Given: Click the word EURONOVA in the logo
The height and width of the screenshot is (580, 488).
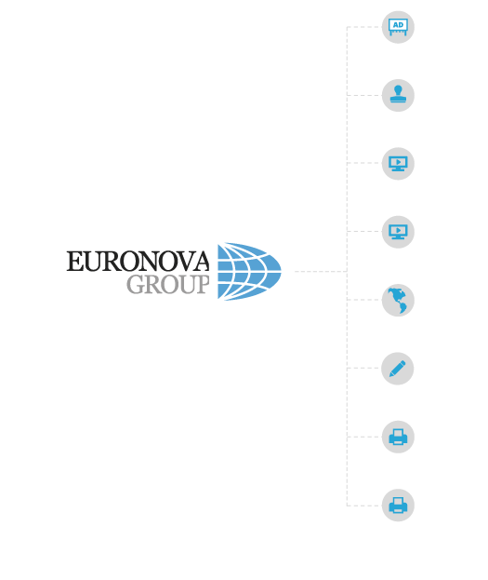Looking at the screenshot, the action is pyautogui.click(x=138, y=262).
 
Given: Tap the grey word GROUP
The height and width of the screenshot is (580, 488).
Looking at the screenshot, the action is pyautogui.click(x=168, y=285).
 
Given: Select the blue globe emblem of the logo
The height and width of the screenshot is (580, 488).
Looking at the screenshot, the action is pyautogui.click(x=249, y=271).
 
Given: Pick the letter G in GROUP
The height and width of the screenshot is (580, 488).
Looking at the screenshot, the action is pyautogui.click(x=135, y=285).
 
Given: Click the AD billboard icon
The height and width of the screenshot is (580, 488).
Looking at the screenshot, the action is pyautogui.click(x=398, y=27).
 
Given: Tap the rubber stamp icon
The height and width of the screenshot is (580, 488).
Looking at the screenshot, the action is pyautogui.click(x=398, y=94).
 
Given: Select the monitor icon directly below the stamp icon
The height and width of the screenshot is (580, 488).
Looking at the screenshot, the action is pyautogui.click(x=398, y=164).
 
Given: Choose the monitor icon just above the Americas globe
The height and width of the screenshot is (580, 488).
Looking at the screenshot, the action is pyautogui.click(x=398, y=232).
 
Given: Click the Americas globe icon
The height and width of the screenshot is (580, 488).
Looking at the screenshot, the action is pyautogui.click(x=398, y=300).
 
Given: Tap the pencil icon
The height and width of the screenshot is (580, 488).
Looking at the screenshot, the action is pyautogui.click(x=398, y=369).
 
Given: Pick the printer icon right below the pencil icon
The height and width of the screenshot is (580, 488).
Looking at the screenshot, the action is pyautogui.click(x=398, y=437).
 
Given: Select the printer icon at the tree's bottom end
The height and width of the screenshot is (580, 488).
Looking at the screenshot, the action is pyautogui.click(x=398, y=506).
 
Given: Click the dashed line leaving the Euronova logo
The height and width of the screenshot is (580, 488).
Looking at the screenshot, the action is pyautogui.click(x=321, y=271).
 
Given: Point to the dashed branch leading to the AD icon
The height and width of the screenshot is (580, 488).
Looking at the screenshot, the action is pyautogui.click(x=363, y=27).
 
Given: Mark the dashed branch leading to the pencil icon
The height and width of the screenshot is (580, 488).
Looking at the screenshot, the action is pyautogui.click(x=363, y=368).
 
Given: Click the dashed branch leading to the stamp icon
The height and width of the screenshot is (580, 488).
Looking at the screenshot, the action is pyautogui.click(x=363, y=95).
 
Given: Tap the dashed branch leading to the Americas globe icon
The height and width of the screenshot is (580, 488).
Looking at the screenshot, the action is pyautogui.click(x=363, y=300).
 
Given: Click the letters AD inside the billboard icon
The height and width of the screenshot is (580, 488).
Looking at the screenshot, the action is pyautogui.click(x=398, y=25).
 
